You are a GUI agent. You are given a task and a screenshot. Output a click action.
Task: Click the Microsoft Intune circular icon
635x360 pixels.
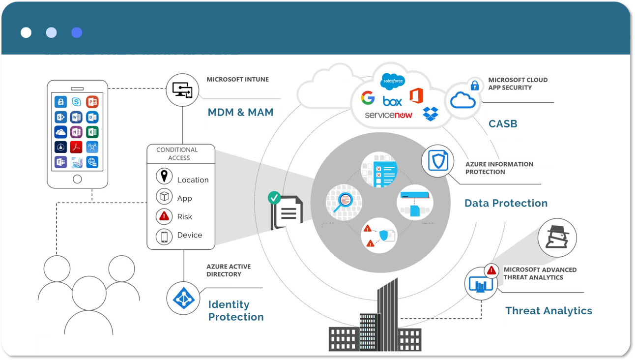coord(182,90)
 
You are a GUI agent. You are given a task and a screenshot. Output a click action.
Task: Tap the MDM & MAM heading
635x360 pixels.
coord(240,112)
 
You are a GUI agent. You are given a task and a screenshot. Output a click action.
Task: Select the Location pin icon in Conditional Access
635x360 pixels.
coord(164,176)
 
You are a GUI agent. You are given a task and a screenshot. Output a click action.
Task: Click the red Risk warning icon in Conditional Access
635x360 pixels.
coord(164,216)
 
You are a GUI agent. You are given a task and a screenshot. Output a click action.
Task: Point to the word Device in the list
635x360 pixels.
coord(190,235)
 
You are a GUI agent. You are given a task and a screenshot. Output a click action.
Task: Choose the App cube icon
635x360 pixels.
coord(164,197)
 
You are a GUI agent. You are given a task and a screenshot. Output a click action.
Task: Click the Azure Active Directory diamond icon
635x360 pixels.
coord(183,298)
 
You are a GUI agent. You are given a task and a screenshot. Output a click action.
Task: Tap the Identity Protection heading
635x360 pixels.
coord(236,311)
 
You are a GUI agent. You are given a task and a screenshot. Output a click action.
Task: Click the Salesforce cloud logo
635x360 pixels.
coord(392,81)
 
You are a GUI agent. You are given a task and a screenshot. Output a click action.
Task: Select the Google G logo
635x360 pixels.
coord(368,98)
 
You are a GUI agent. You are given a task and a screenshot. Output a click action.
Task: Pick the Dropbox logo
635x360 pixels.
coord(431,114)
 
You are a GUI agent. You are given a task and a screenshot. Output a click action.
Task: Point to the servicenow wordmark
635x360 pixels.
coord(388,115)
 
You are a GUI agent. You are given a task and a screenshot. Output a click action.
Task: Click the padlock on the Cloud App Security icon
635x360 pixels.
coord(475,85)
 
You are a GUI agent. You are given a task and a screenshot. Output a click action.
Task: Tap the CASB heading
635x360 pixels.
coord(503,124)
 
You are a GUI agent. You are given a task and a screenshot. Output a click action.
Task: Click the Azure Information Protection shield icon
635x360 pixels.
coord(437,161)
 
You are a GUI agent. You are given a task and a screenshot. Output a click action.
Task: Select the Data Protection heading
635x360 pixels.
coord(506,203)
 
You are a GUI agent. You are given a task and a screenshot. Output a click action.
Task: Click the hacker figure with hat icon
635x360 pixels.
coord(557,238)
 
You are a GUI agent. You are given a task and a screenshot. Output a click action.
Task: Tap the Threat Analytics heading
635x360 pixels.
coord(548,311)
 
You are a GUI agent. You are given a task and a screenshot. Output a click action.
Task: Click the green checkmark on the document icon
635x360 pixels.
coord(274,198)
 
